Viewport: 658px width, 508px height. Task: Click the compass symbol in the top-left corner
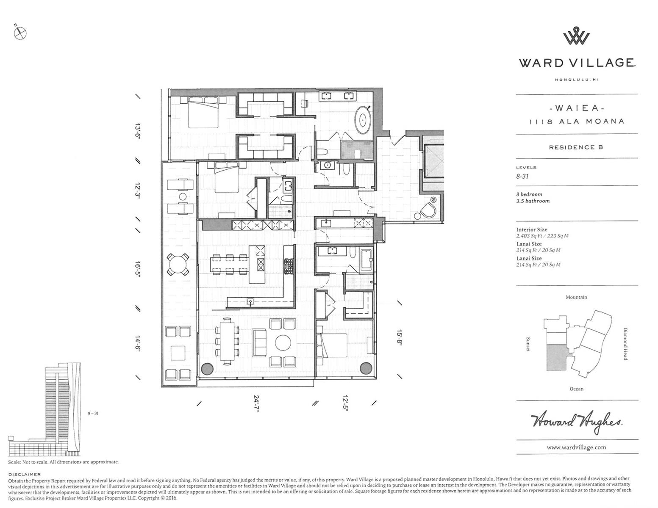point(20,33)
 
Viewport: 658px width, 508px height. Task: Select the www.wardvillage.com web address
point(576,447)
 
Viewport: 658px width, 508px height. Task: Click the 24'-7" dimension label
point(256,403)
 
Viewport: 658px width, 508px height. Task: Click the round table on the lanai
point(179,265)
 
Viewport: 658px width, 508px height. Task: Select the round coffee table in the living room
point(283,342)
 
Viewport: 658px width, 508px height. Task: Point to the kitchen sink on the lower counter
point(250,301)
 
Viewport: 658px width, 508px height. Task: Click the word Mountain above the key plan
point(576,297)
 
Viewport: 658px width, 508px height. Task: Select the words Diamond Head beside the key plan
point(625,344)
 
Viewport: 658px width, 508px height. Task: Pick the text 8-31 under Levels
point(522,177)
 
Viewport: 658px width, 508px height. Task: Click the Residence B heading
point(576,147)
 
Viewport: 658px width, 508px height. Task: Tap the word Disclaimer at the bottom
point(25,474)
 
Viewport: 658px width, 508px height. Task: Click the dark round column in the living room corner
point(208,369)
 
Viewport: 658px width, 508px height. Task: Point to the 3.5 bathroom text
point(533,201)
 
